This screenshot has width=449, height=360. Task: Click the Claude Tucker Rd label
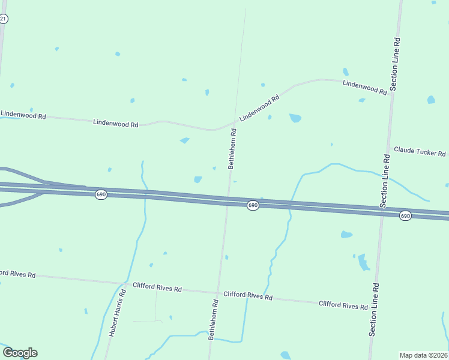pos(420,151)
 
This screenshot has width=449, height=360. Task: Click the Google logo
pos(20,353)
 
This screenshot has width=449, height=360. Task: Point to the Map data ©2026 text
pos(423,355)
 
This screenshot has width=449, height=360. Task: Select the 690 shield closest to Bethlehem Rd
pos(253,205)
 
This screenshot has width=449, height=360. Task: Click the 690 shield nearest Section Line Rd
pos(406,215)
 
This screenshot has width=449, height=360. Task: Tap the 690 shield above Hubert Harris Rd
pos(101,195)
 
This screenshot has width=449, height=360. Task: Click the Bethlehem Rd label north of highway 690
pos(232,152)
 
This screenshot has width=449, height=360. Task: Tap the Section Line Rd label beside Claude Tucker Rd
pos(385,181)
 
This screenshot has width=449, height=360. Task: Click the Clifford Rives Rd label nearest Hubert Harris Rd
pos(157,287)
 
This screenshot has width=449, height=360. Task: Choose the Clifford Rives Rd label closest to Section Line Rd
pos(343,305)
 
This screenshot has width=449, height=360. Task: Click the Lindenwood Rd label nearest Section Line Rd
pos(364,87)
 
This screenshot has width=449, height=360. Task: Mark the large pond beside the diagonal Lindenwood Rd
pos(295,118)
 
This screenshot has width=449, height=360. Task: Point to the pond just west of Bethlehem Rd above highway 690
pos(197,179)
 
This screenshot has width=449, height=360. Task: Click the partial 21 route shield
pos(4,19)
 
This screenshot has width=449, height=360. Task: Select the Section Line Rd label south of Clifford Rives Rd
pos(374,309)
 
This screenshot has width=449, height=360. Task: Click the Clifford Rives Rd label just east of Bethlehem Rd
pos(248,296)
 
